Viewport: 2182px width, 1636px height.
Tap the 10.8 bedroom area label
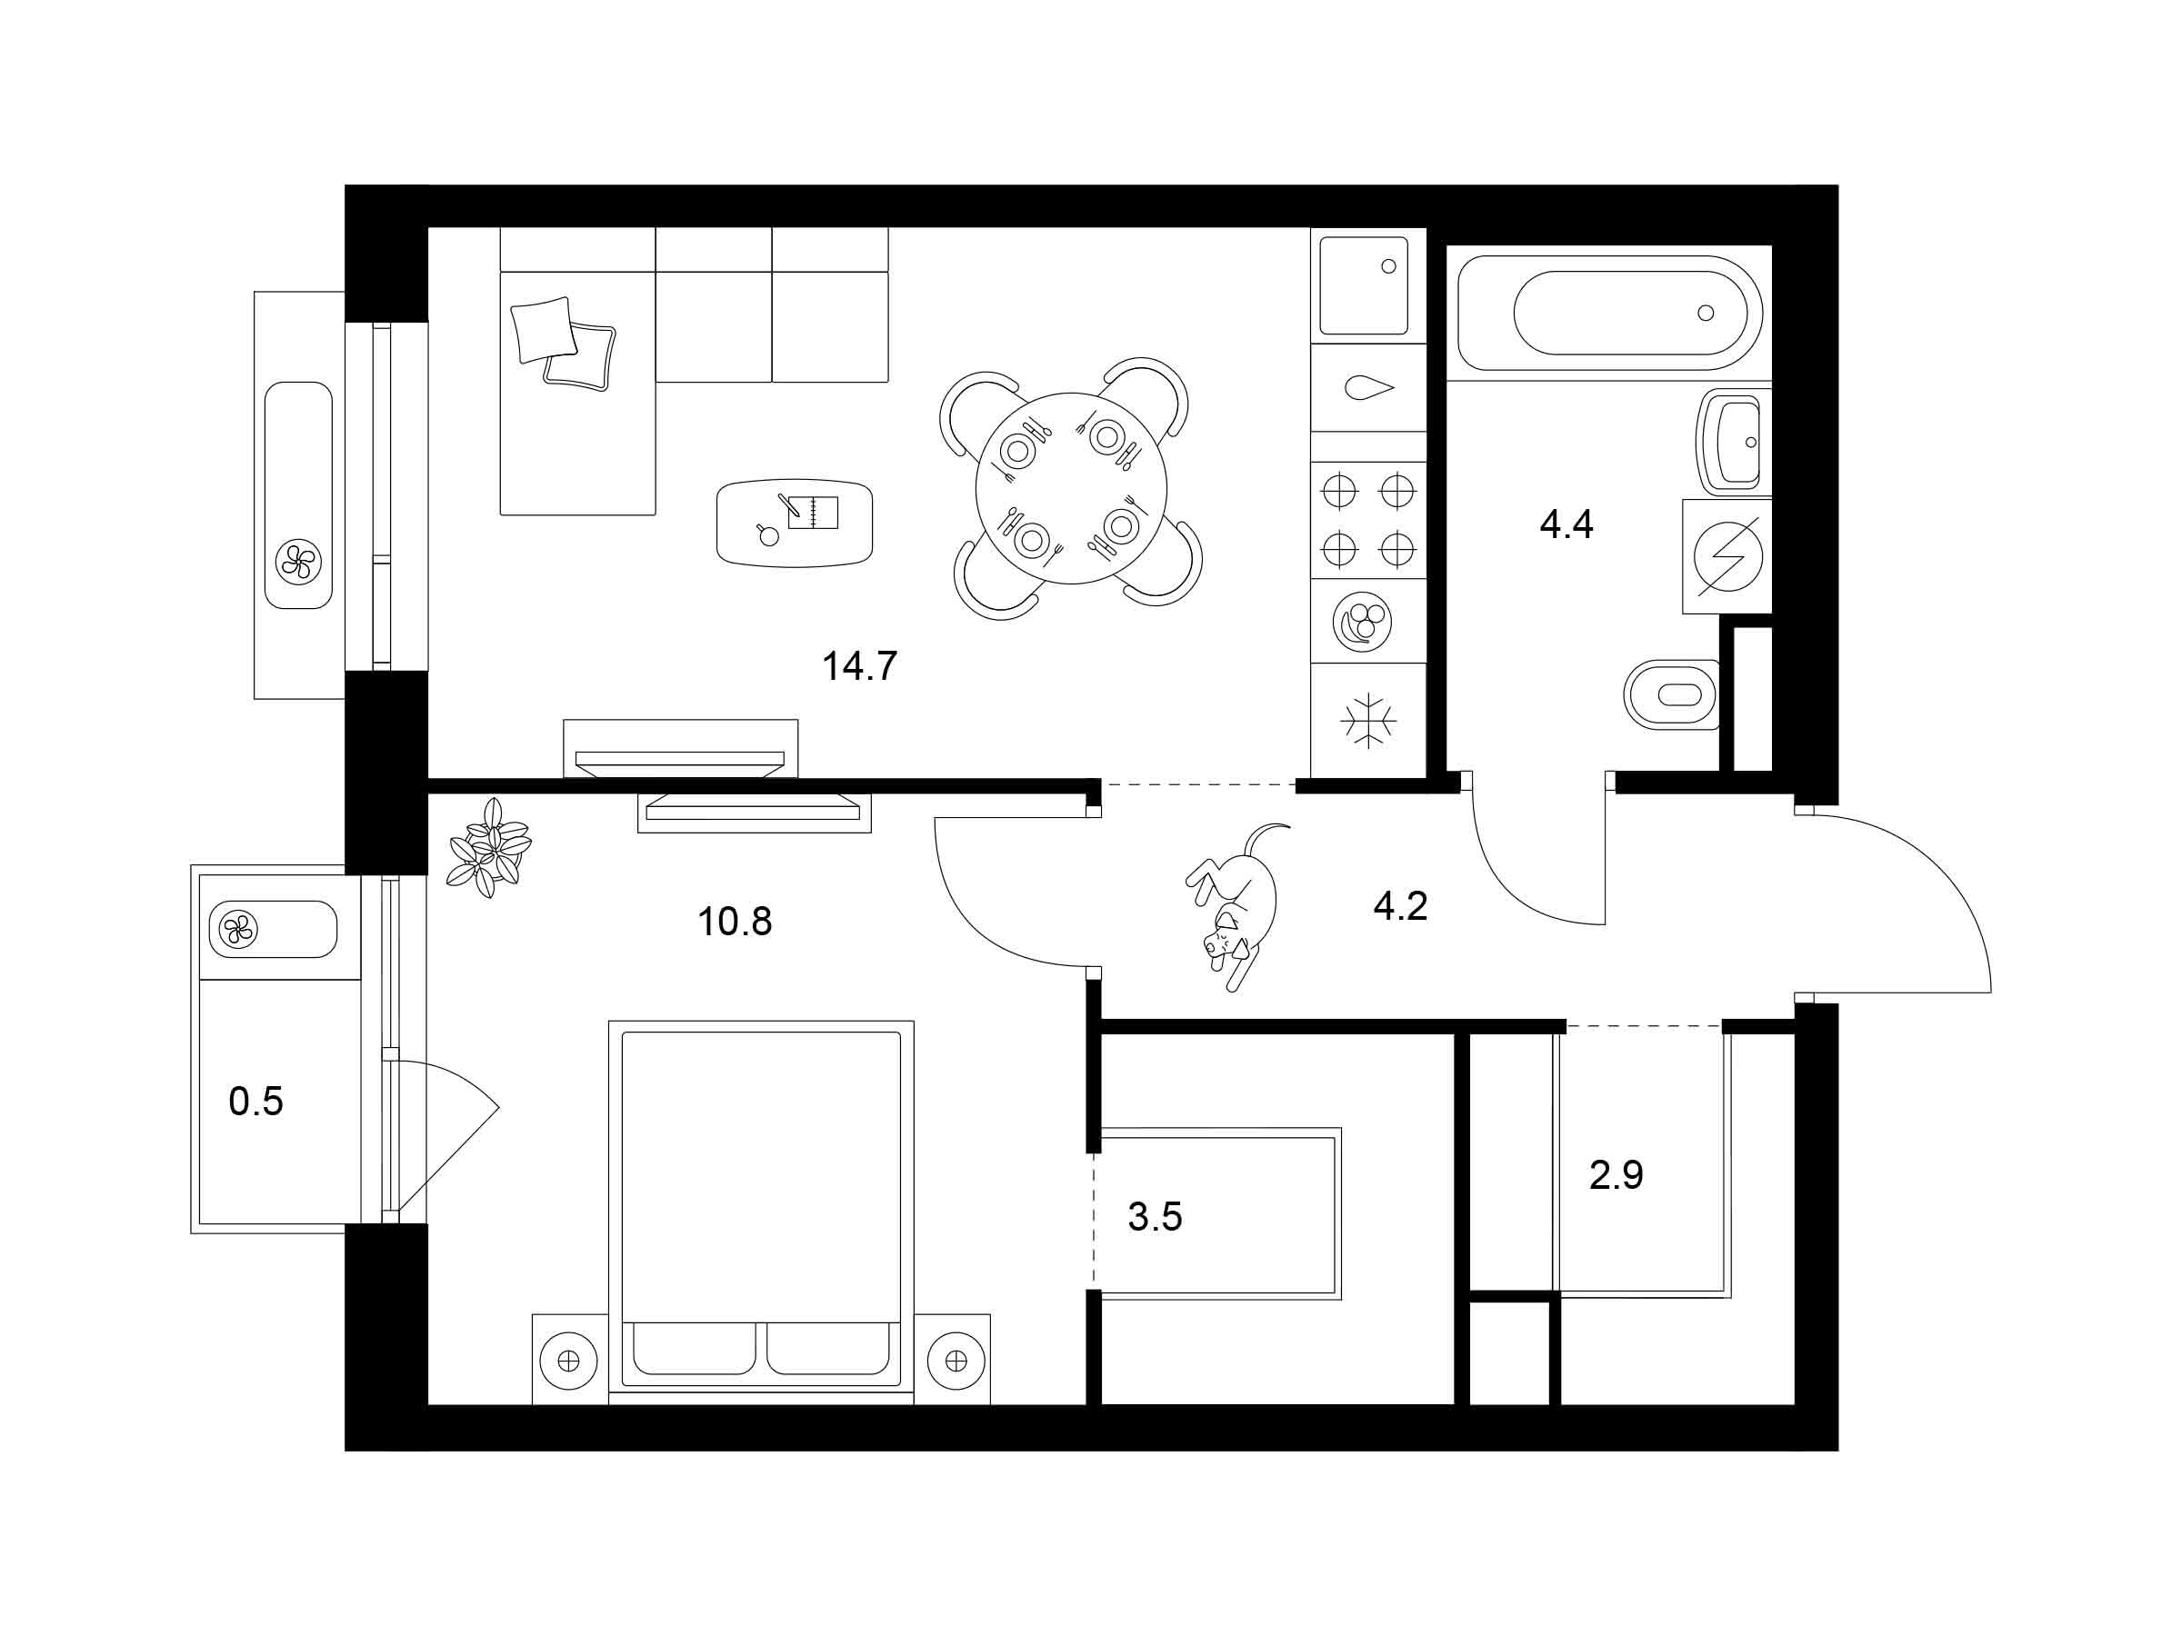pos(735,922)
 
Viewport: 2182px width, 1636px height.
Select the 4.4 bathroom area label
pos(1566,524)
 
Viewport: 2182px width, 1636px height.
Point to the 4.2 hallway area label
pos(1401,905)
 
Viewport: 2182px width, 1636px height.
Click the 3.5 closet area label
pos(1156,1217)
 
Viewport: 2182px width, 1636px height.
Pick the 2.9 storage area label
pos(1616,1175)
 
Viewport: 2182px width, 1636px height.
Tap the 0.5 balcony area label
pos(255,1102)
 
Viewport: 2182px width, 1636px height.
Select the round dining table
pos(1071,488)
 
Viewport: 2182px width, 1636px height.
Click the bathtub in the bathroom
pos(1609,313)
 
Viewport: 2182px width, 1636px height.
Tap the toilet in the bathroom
pos(1672,694)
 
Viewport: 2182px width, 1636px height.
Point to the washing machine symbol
pos(1727,556)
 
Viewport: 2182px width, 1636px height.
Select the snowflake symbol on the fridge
pos(1368,720)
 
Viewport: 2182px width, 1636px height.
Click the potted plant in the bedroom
pos(489,848)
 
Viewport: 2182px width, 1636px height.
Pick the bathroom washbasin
pos(1733,442)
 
